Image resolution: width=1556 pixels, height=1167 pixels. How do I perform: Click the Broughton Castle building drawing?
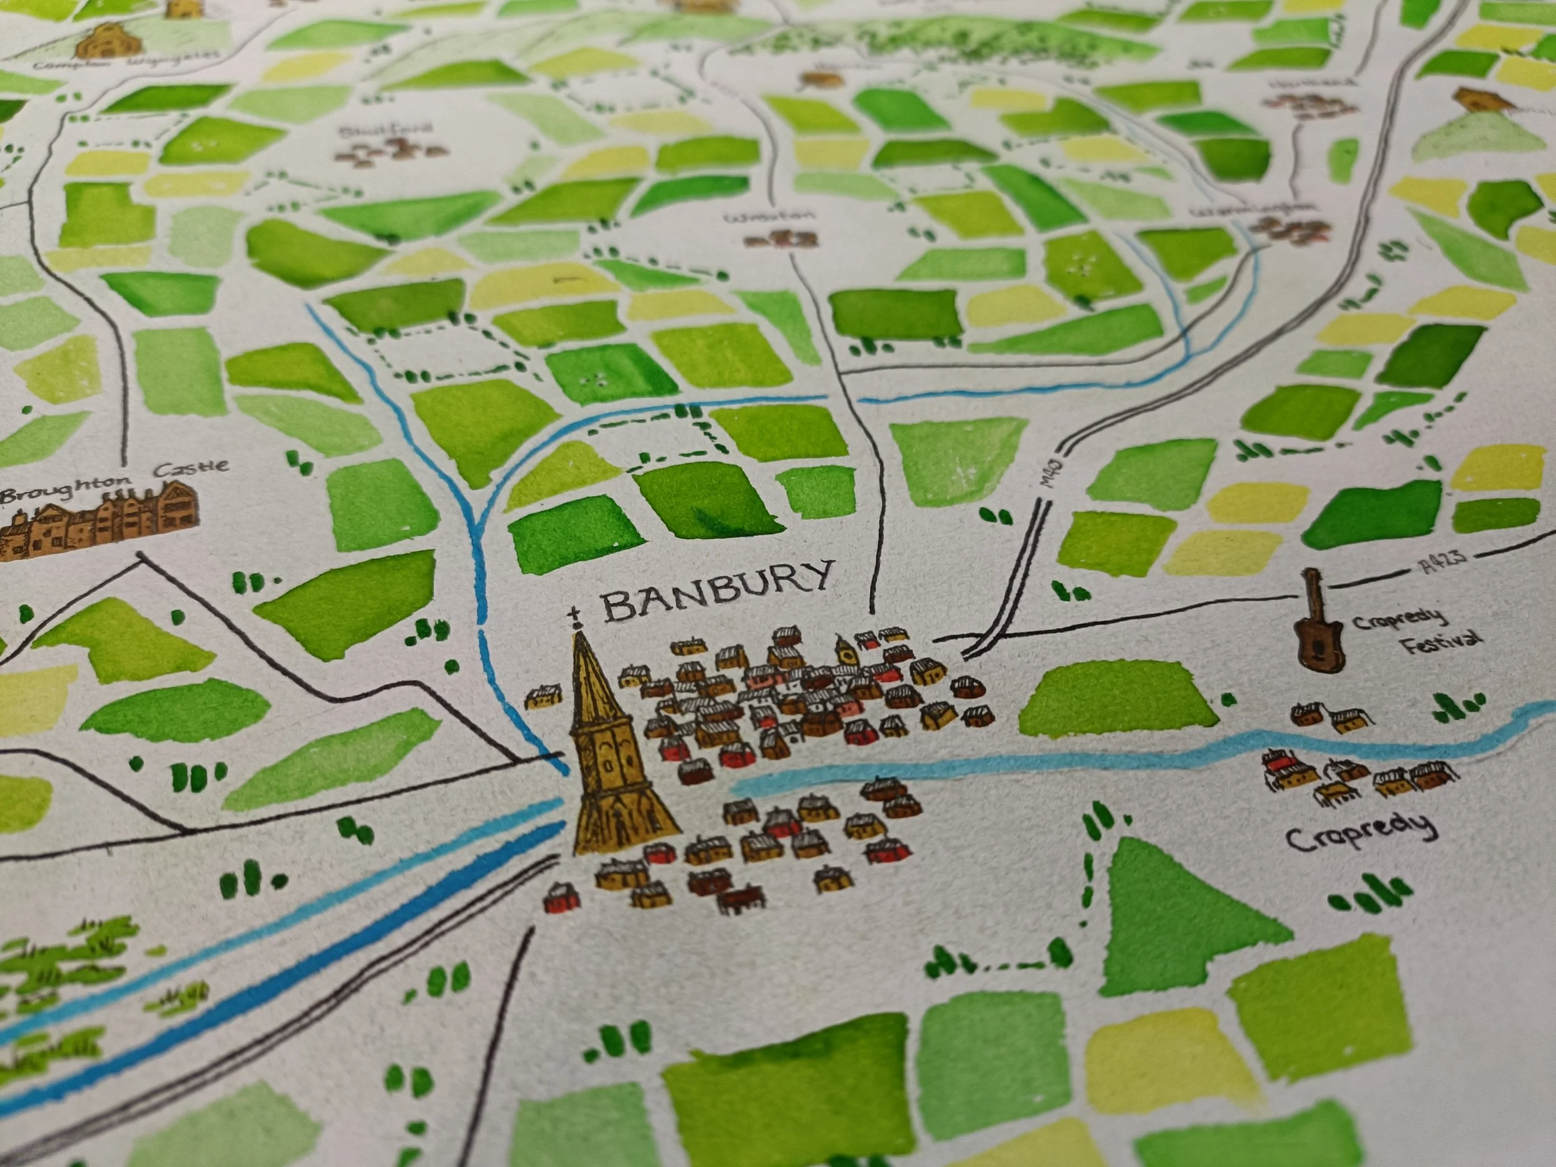(x=98, y=528)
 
